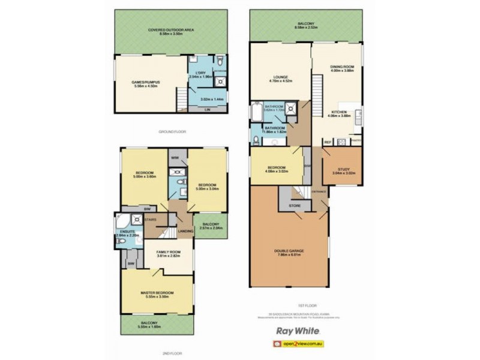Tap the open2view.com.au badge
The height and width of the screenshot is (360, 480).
click(299, 344)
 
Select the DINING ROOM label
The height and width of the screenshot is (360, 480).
click(341, 67)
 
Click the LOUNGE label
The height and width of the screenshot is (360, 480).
click(280, 77)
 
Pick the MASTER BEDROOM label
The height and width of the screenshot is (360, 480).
click(157, 292)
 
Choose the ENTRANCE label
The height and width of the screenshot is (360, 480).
click(319, 191)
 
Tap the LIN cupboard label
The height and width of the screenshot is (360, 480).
click(207, 110)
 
